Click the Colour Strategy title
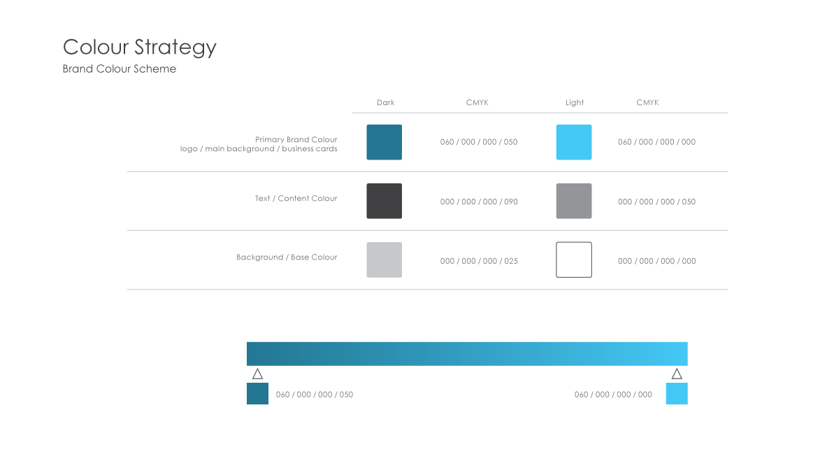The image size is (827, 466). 140,48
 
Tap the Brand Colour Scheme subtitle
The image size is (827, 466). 119,69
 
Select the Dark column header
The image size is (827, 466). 386,103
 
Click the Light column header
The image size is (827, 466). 575,103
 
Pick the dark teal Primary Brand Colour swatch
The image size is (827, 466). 384,142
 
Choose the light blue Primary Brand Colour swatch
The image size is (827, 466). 574,142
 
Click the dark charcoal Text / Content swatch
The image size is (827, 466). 384,202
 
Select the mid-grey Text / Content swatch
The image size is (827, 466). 574,202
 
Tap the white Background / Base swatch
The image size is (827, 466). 574,260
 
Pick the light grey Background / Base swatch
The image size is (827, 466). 384,260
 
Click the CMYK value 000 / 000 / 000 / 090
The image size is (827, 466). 479,202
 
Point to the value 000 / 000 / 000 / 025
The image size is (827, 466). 479,261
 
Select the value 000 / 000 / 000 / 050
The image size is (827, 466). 656,202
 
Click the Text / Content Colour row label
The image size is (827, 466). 296,199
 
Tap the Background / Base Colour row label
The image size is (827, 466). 287,257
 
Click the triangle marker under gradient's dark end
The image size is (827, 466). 257,374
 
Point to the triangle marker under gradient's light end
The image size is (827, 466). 677,374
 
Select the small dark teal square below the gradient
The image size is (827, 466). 257,394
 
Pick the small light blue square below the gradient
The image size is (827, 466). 677,394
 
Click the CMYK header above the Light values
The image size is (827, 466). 647,103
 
